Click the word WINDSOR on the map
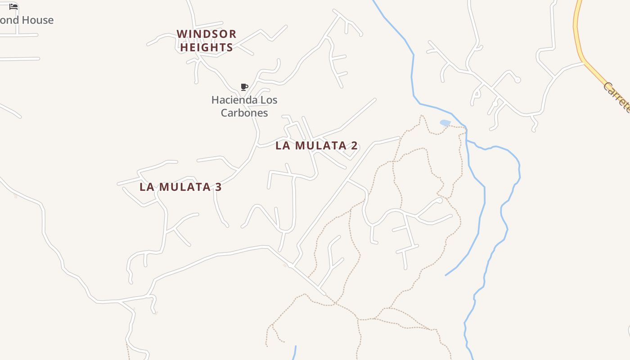(x=207, y=34)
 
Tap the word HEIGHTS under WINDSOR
(x=207, y=47)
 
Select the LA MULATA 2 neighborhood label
(x=316, y=145)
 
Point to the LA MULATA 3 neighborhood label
(x=180, y=187)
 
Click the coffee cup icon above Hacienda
(x=244, y=87)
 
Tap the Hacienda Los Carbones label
(x=244, y=106)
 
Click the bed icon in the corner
(x=13, y=6)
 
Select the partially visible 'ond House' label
(x=27, y=20)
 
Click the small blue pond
(x=445, y=123)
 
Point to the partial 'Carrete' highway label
(x=617, y=97)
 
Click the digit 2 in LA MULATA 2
(x=354, y=145)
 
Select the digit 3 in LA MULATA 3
(x=218, y=187)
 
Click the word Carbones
(x=244, y=113)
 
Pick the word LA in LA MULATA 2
(x=282, y=145)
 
